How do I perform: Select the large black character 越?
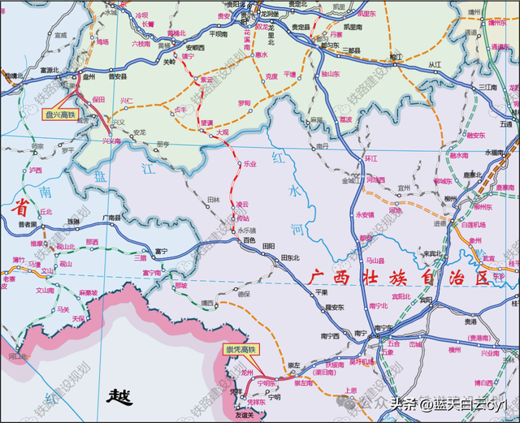click(119, 397)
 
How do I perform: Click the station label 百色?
click(249, 241)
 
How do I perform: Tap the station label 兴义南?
click(110, 140)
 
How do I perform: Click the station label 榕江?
click(396, 57)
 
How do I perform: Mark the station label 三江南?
click(487, 87)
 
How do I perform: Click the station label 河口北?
click(18, 356)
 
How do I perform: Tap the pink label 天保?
click(77, 318)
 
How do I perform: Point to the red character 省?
click(15, 208)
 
